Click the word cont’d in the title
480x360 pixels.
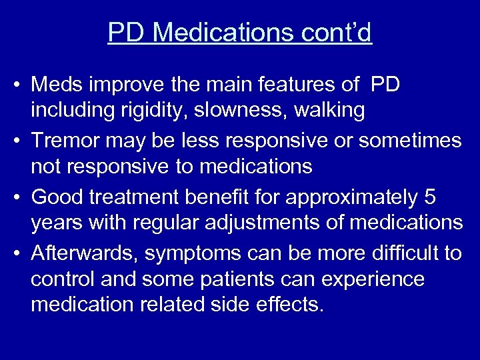[339, 32]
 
